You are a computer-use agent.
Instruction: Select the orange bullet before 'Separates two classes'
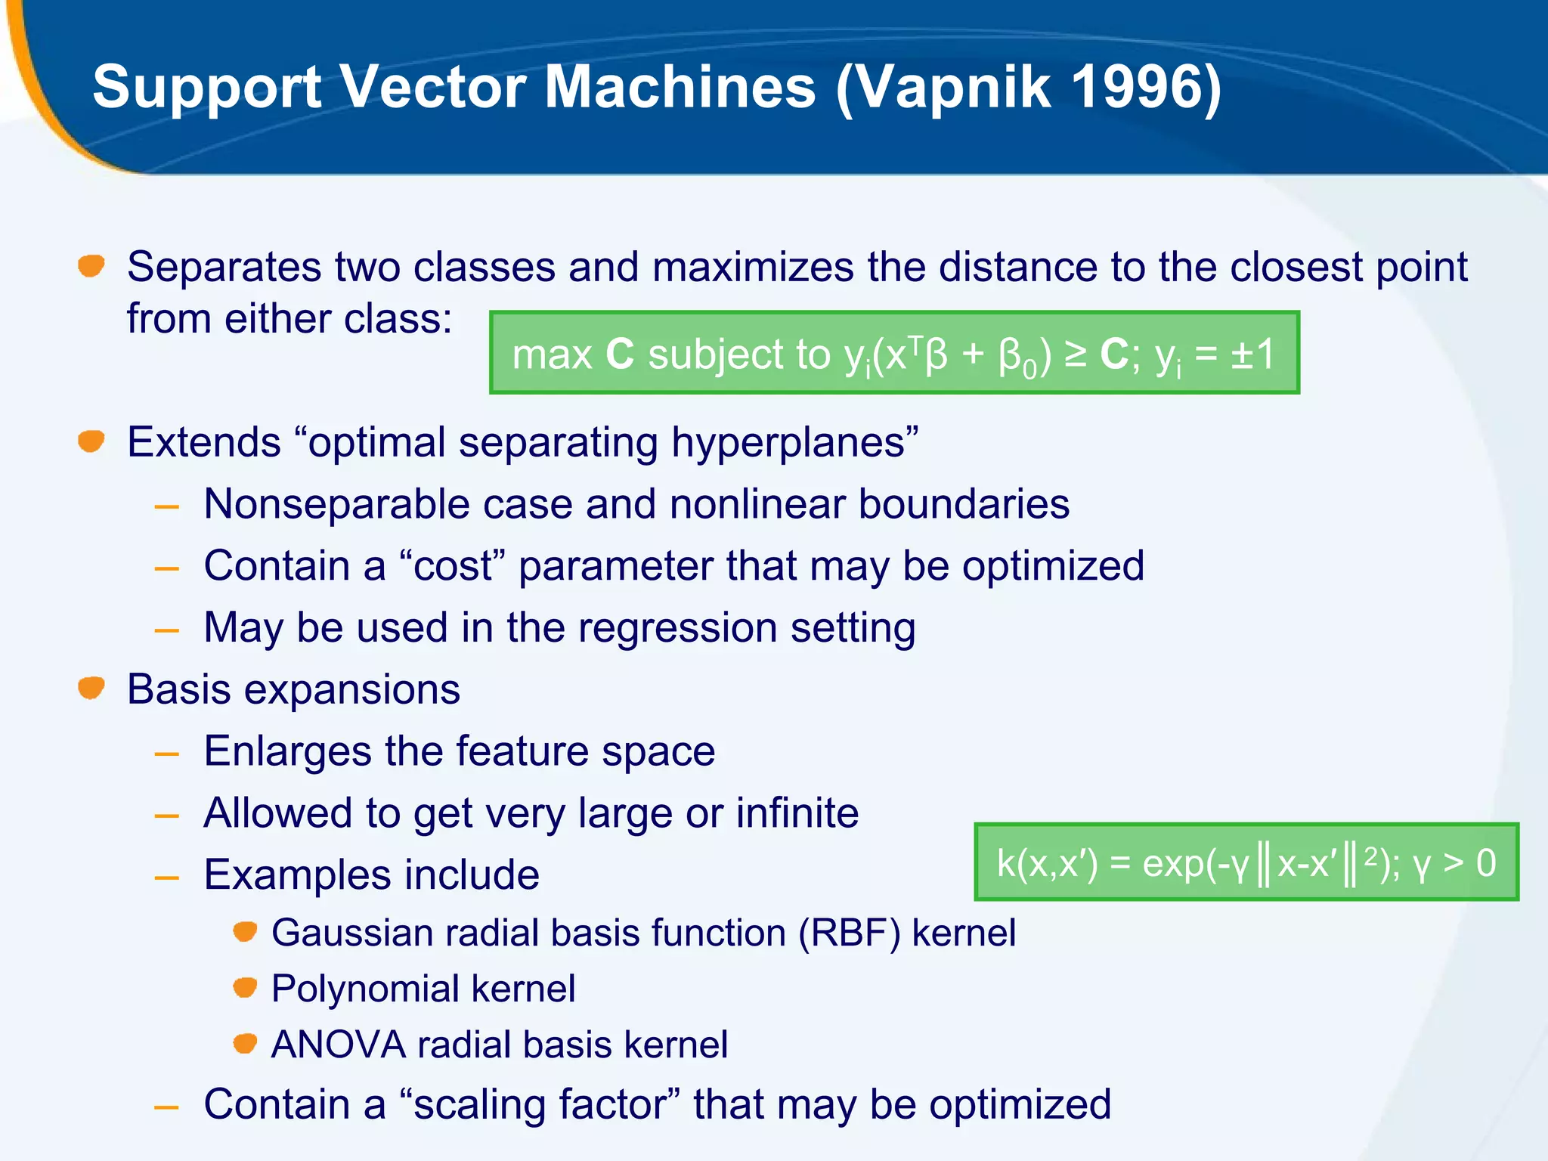click(x=91, y=266)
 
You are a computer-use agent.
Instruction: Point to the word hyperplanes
click(x=794, y=443)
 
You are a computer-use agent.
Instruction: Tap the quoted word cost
click(x=453, y=566)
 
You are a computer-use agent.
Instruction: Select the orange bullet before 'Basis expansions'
click(x=91, y=688)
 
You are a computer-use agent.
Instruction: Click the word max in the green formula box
click(x=552, y=354)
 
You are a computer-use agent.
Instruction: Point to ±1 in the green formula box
click(x=1252, y=354)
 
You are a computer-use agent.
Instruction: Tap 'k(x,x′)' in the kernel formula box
click(x=1047, y=863)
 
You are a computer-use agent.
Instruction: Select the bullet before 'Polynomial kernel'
click(x=245, y=987)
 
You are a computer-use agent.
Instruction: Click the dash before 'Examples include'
click(x=167, y=878)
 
